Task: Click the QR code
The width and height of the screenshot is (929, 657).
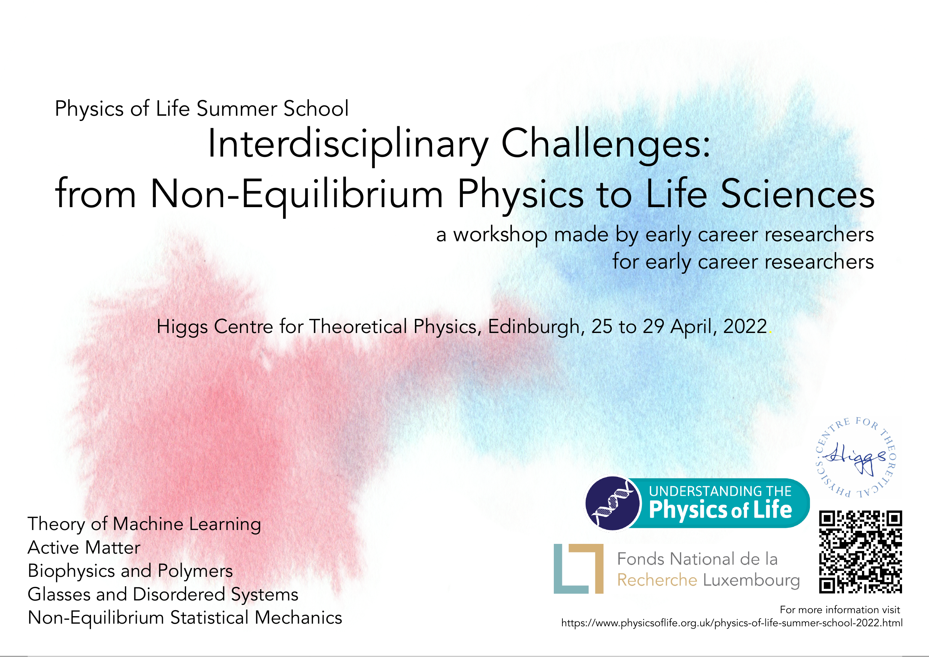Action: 860,552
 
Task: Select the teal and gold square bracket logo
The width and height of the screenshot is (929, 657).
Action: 579,569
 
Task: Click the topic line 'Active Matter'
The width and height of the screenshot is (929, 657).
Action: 84,547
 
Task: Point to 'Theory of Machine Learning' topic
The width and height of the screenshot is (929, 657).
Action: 144,524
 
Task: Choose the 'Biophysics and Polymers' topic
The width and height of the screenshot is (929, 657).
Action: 130,571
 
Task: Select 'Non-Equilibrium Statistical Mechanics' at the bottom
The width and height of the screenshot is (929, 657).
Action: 185,618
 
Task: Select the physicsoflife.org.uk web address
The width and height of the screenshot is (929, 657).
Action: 732,623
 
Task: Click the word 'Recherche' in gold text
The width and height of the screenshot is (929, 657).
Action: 657,580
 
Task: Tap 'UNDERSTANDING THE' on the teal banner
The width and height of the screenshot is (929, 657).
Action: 720,491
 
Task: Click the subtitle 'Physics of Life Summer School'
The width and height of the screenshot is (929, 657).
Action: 201,109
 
